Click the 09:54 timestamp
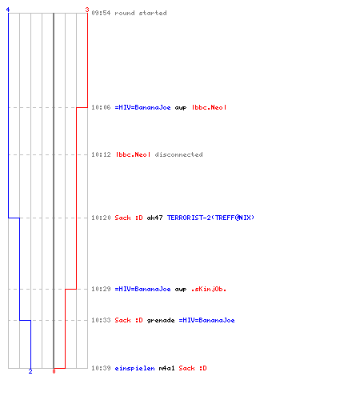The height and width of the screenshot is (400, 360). click(x=101, y=13)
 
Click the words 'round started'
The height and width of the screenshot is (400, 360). click(x=141, y=13)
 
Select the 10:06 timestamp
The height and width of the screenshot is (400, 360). click(x=101, y=107)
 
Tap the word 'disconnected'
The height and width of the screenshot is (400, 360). click(x=178, y=154)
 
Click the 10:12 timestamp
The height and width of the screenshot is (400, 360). click(x=101, y=154)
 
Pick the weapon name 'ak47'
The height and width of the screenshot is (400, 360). click(x=154, y=218)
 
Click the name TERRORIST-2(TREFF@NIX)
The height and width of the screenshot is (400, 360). click(x=210, y=218)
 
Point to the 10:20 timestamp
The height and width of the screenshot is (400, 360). click(x=101, y=218)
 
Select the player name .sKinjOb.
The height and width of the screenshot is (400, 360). click(x=209, y=289)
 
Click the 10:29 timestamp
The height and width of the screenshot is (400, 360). click(x=101, y=289)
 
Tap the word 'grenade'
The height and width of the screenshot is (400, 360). click(x=161, y=320)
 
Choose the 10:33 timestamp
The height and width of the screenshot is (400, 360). click(x=101, y=320)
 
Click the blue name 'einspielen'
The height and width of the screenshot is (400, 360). click(x=134, y=368)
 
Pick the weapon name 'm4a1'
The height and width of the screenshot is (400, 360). click(x=166, y=368)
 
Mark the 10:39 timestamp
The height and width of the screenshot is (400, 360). click(x=101, y=368)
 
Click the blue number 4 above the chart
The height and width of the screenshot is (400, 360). click(x=8, y=10)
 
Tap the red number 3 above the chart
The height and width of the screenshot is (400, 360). click(x=87, y=10)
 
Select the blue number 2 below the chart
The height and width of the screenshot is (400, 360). click(x=30, y=371)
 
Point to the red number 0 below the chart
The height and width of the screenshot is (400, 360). click(x=54, y=371)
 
